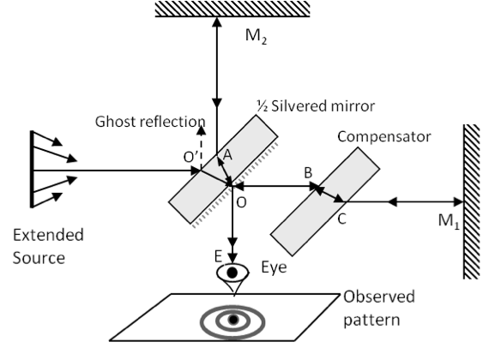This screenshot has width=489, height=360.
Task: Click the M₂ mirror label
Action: [256, 37]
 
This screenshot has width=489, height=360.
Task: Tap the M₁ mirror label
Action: [449, 221]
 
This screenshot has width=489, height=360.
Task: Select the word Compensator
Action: [383, 137]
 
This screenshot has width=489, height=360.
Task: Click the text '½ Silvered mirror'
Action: [316, 106]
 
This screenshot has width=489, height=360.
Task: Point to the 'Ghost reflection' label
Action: [150, 122]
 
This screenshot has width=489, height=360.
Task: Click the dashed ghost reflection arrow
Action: [202, 147]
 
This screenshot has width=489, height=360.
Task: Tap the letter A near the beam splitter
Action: [227, 155]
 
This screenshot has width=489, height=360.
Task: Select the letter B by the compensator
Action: [308, 172]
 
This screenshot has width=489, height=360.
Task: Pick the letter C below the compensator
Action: [341, 219]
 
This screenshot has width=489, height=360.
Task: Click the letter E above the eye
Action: [218, 256]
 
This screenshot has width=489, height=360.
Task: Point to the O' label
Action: [190, 157]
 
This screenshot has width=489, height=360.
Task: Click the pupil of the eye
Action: [232, 273]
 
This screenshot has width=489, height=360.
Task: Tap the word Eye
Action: [274, 267]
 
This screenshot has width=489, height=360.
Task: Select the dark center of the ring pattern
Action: [233, 320]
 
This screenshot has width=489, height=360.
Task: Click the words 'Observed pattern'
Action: [379, 309]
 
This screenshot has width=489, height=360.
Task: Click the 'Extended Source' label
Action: [48, 247]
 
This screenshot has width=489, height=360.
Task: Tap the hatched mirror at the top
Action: [232, 9]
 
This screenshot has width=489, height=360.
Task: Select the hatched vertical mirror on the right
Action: [471, 201]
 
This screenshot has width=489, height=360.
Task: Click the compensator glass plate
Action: [325, 201]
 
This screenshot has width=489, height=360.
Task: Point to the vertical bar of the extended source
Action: [32, 169]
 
